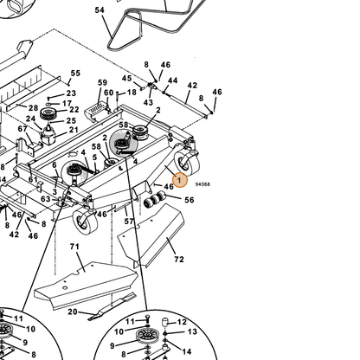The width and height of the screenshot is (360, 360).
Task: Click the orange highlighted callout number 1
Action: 180,180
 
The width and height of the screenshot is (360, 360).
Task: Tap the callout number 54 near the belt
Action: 100,10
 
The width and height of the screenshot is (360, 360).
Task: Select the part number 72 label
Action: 179,260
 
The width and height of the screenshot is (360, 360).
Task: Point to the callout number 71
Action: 74,247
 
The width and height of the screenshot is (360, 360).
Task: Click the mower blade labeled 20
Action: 112,307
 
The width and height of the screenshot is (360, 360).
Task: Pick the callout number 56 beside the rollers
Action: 190,200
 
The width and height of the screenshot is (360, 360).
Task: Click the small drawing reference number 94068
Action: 202,184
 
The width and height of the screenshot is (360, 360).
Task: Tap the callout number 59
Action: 102,83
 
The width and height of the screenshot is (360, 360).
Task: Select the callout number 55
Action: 75,73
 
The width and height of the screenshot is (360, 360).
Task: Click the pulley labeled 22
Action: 46,114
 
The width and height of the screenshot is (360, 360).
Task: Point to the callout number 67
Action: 22,129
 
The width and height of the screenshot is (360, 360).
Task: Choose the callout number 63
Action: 46,199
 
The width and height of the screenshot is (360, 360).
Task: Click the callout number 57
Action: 129,222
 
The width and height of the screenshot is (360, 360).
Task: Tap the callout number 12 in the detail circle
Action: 182,322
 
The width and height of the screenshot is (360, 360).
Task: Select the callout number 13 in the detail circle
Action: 192,331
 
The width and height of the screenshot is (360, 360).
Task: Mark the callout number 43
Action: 148,102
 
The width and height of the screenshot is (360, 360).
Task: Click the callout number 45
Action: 126,78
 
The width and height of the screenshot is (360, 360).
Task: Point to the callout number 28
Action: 33,108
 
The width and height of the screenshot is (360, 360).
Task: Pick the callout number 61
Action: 33,179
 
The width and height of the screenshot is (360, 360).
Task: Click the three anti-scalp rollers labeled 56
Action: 154,200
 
